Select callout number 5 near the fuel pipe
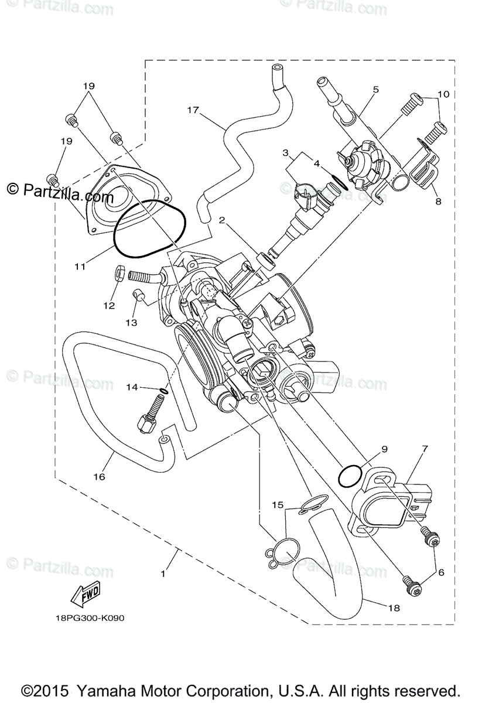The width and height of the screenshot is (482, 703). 375,90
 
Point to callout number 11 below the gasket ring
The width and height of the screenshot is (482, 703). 80,266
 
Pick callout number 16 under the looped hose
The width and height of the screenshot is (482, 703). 99,477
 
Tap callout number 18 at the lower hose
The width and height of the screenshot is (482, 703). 394,608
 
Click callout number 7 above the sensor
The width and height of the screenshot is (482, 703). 425,449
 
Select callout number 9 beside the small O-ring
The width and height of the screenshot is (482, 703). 384,450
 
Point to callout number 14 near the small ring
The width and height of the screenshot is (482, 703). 132,387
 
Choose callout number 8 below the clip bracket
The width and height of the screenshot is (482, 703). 439,202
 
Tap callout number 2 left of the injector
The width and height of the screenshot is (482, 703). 223,220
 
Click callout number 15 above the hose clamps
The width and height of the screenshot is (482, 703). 278,504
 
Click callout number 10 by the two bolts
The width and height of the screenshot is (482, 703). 443,94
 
